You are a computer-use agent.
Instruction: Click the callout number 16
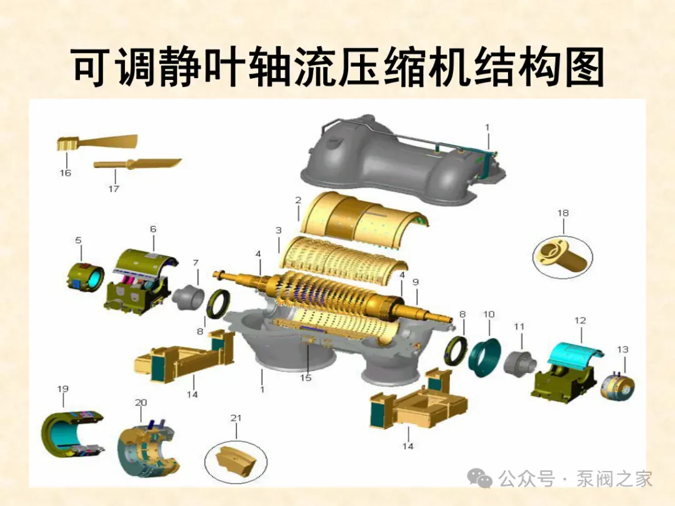click(x=66, y=173)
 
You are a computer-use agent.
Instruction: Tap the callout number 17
click(x=114, y=189)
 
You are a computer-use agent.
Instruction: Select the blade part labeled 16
click(x=97, y=142)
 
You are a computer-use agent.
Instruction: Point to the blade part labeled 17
click(x=137, y=164)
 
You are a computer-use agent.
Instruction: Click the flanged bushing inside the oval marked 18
click(x=562, y=256)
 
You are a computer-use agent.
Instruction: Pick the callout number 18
click(x=563, y=213)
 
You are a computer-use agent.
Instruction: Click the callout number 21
click(x=236, y=418)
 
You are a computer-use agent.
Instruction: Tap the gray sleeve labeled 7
click(x=188, y=297)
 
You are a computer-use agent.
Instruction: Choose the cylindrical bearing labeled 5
click(x=86, y=276)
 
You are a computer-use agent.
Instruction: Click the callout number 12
click(x=580, y=320)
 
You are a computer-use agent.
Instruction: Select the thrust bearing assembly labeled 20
click(x=149, y=450)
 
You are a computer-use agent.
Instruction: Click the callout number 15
click(x=306, y=378)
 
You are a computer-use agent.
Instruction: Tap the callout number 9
click(x=416, y=282)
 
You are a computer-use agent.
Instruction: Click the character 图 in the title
click(x=584, y=67)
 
